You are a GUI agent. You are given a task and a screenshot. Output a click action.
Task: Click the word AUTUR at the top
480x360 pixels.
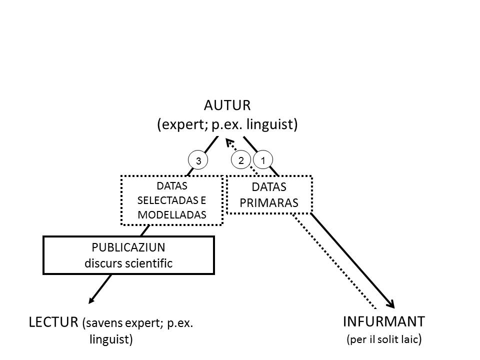pyautogui.click(x=227, y=105)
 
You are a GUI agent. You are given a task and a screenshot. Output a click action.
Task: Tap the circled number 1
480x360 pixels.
pyautogui.click(x=263, y=160)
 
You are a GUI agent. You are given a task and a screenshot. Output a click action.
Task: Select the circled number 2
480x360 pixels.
pyautogui.click(x=241, y=160)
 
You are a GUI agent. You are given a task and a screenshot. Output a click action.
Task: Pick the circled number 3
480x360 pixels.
pyautogui.click(x=198, y=160)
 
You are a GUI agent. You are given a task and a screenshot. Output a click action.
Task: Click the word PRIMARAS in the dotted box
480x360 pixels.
pyautogui.click(x=269, y=203)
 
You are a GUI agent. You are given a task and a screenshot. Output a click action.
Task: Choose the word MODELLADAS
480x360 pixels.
pyautogui.click(x=171, y=215)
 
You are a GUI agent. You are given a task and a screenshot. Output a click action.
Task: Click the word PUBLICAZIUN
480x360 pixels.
pyautogui.click(x=128, y=247)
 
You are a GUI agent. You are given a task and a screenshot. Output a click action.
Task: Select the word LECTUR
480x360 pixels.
pyautogui.click(x=53, y=322)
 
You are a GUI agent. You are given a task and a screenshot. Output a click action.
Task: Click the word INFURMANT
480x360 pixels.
pyautogui.click(x=384, y=321)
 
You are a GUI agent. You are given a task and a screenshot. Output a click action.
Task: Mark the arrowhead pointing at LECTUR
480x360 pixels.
pyautogui.click(x=91, y=300)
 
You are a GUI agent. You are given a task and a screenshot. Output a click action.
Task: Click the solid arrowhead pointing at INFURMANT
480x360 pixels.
pyautogui.click(x=391, y=304)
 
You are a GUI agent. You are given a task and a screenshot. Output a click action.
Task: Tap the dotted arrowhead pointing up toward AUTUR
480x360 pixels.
pyautogui.click(x=229, y=142)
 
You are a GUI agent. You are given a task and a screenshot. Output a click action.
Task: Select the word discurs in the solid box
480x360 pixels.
pyautogui.click(x=100, y=263)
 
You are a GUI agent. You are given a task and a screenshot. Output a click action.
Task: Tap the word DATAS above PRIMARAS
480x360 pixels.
pyautogui.click(x=269, y=187)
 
